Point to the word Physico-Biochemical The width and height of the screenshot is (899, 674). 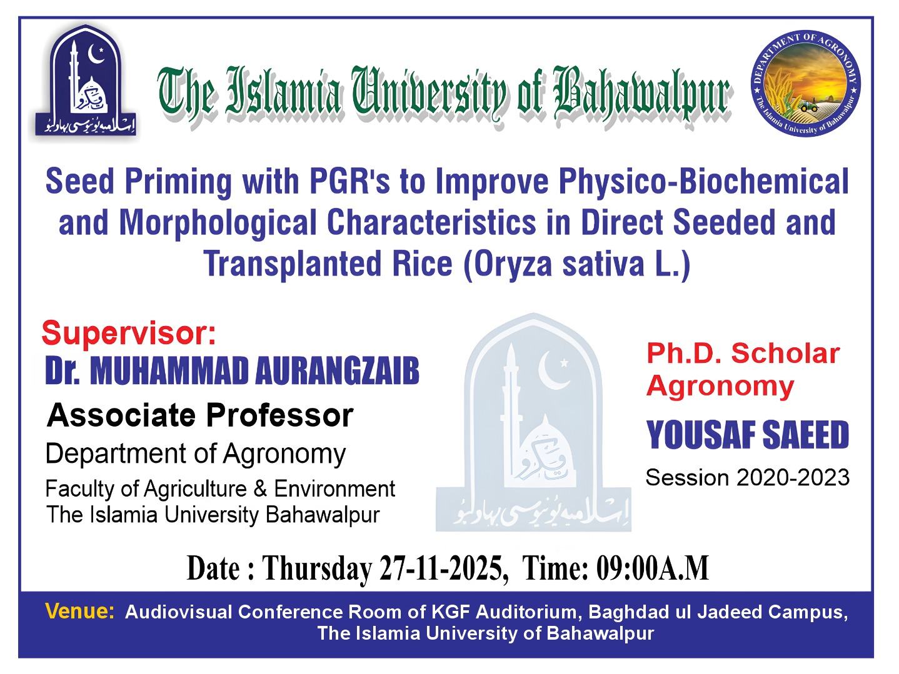click(703, 182)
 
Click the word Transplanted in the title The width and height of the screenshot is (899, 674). click(292, 264)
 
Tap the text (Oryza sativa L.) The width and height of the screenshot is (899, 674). click(576, 264)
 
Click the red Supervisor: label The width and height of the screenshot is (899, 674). click(129, 333)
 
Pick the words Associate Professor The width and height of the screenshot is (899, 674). click(200, 415)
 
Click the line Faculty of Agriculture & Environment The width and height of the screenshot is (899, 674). click(220, 488)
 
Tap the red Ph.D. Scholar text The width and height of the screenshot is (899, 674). click(743, 354)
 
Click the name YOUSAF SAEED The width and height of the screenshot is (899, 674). click(747, 435)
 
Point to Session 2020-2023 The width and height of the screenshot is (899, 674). click(747, 478)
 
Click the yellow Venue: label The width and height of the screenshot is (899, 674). click(80, 611)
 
